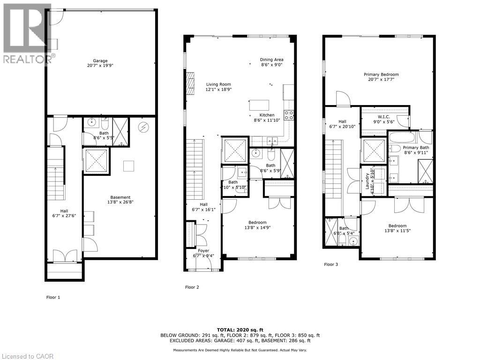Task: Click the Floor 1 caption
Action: pos(53,297)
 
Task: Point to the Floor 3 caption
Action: pos(331,264)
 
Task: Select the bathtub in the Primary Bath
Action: pos(403,138)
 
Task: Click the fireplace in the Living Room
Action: pos(190,83)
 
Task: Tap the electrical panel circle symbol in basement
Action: pos(142,127)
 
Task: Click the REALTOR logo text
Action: pos(27,59)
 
